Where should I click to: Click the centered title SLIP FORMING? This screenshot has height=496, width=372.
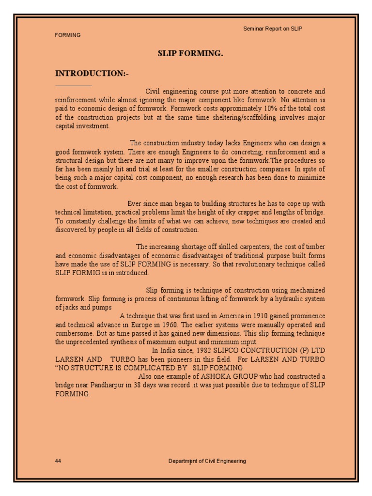[x=190, y=54]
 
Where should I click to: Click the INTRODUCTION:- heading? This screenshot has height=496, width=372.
[x=92, y=73]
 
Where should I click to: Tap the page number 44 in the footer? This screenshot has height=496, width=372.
[x=58, y=461]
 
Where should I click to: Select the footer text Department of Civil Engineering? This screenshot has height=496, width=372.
[x=207, y=461]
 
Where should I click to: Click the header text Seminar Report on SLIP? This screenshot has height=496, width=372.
[x=272, y=29]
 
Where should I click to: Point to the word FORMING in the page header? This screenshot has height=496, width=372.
[x=68, y=35]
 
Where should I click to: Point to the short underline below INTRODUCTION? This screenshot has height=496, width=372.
[x=73, y=85]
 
